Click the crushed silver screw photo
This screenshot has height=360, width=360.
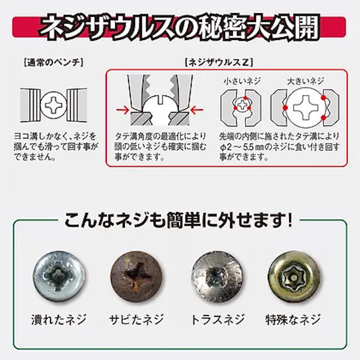click(x=59, y=276)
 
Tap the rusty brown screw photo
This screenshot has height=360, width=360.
click(x=136, y=276)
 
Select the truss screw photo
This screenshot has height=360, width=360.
click(x=217, y=276)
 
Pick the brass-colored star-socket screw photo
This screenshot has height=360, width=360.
click(x=294, y=276)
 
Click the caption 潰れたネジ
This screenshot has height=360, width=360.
click(x=59, y=319)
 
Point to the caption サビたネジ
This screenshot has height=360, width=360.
click(x=136, y=319)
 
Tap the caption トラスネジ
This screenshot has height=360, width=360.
click(x=217, y=319)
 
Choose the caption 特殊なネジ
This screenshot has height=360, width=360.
click(x=293, y=319)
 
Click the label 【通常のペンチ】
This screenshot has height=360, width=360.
click(x=53, y=62)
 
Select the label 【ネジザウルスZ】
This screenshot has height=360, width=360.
click(x=219, y=62)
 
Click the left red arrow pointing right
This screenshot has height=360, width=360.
click(x=122, y=110)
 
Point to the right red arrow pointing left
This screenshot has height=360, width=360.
click(x=197, y=110)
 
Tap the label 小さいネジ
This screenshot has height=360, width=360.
click(x=242, y=81)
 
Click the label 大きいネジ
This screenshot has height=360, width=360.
click(x=305, y=81)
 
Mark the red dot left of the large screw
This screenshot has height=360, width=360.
click(x=286, y=107)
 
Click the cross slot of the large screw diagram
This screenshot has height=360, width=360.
click(x=305, y=107)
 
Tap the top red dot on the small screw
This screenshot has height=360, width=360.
click(x=245, y=98)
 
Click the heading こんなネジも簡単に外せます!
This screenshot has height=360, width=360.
click(x=179, y=220)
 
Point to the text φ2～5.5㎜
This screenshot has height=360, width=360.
click(x=242, y=147)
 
